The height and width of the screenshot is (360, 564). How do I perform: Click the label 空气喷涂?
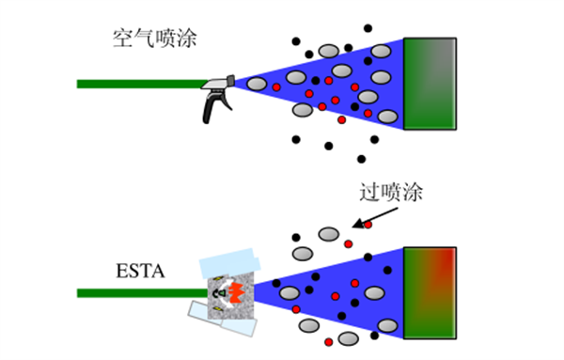155,39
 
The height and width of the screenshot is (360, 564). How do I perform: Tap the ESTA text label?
140,271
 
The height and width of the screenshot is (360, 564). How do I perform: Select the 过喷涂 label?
391,193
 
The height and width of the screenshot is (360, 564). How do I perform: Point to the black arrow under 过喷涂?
375,217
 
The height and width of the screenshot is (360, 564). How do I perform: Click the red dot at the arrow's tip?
368,225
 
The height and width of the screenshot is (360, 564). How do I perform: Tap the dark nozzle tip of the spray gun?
230,81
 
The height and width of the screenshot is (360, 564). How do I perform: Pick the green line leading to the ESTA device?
143,293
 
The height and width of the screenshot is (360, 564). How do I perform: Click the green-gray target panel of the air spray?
430,84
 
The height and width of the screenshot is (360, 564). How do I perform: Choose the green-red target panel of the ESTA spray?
430,292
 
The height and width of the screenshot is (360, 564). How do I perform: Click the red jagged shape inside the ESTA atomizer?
237,292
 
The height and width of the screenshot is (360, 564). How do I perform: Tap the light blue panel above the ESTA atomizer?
230,263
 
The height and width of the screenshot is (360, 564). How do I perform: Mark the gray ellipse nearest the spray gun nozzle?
257,84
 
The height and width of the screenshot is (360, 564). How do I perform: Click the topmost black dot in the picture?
368,28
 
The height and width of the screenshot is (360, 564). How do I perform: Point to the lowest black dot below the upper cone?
361,159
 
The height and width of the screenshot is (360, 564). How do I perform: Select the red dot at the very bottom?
328,341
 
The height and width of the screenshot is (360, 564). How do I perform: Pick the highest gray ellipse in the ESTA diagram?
329,234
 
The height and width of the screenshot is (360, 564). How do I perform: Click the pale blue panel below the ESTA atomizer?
222,320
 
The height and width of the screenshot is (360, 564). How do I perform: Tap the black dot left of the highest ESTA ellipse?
296,238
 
